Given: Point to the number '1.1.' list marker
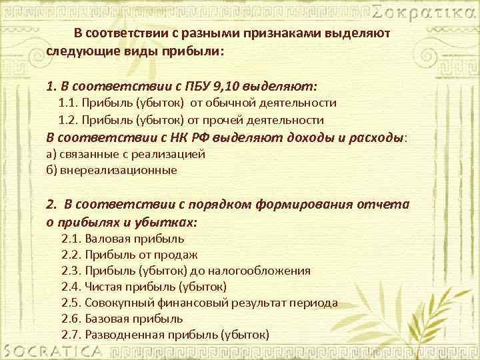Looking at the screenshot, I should click(69, 103).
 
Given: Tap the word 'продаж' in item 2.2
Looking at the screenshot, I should click(179, 255).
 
